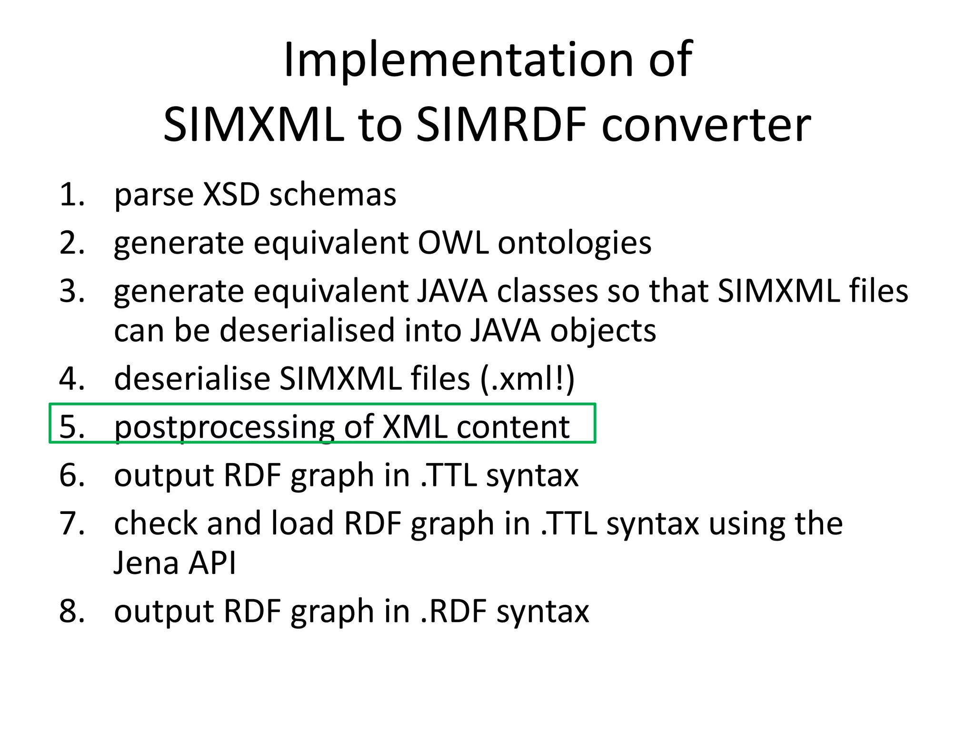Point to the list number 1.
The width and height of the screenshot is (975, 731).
coord(72,195)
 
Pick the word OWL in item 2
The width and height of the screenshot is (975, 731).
coord(453,243)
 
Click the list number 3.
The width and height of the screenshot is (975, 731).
coord(72,291)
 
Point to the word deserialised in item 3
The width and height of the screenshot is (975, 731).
coord(307,330)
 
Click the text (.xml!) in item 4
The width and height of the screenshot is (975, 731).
coord(527,379)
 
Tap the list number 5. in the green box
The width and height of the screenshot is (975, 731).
coord(72,426)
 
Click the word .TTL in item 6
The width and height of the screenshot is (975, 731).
coord(448,475)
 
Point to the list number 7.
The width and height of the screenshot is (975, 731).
coord(72,524)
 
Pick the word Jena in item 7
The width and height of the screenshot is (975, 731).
coord(146,563)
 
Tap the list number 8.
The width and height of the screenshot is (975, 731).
coord(72,611)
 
